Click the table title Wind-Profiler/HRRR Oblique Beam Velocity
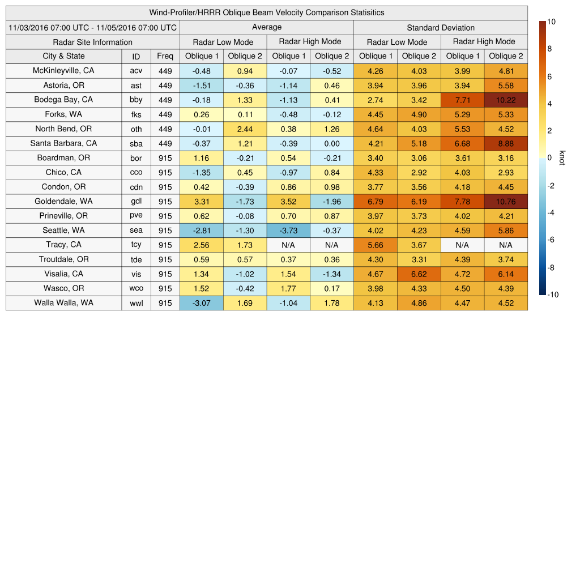pyautogui.click(x=267, y=12)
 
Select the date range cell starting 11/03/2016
pyautogui.click(x=93, y=27)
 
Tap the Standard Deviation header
pyautogui.click(x=441, y=27)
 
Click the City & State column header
pyautogui.click(x=63, y=56)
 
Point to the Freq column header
pyautogui.click(x=165, y=56)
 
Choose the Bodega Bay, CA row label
pyautogui.click(x=63, y=100)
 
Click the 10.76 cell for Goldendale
pyautogui.click(x=506, y=202)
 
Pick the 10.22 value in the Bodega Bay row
pyautogui.click(x=506, y=100)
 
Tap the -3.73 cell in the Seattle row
pyautogui.click(x=288, y=231)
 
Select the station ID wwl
pyautogui.click(x=136, y=303)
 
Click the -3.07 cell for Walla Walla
pyautogui.click(x=201, y=303)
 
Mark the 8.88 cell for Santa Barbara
pyautogui.click(x=506, y=143)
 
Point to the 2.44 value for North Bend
pyautogui.click(x=245, y=129)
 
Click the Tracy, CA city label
pyautogui.click(x=63, y=245)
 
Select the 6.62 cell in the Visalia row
pyautogui.click(x=419, y=274)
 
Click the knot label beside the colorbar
pyautogui.click(x=562, y=158)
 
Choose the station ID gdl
pyautogui.click(x=136, y=202)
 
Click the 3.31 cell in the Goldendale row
pyautogui.click(x=201, y=202)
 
